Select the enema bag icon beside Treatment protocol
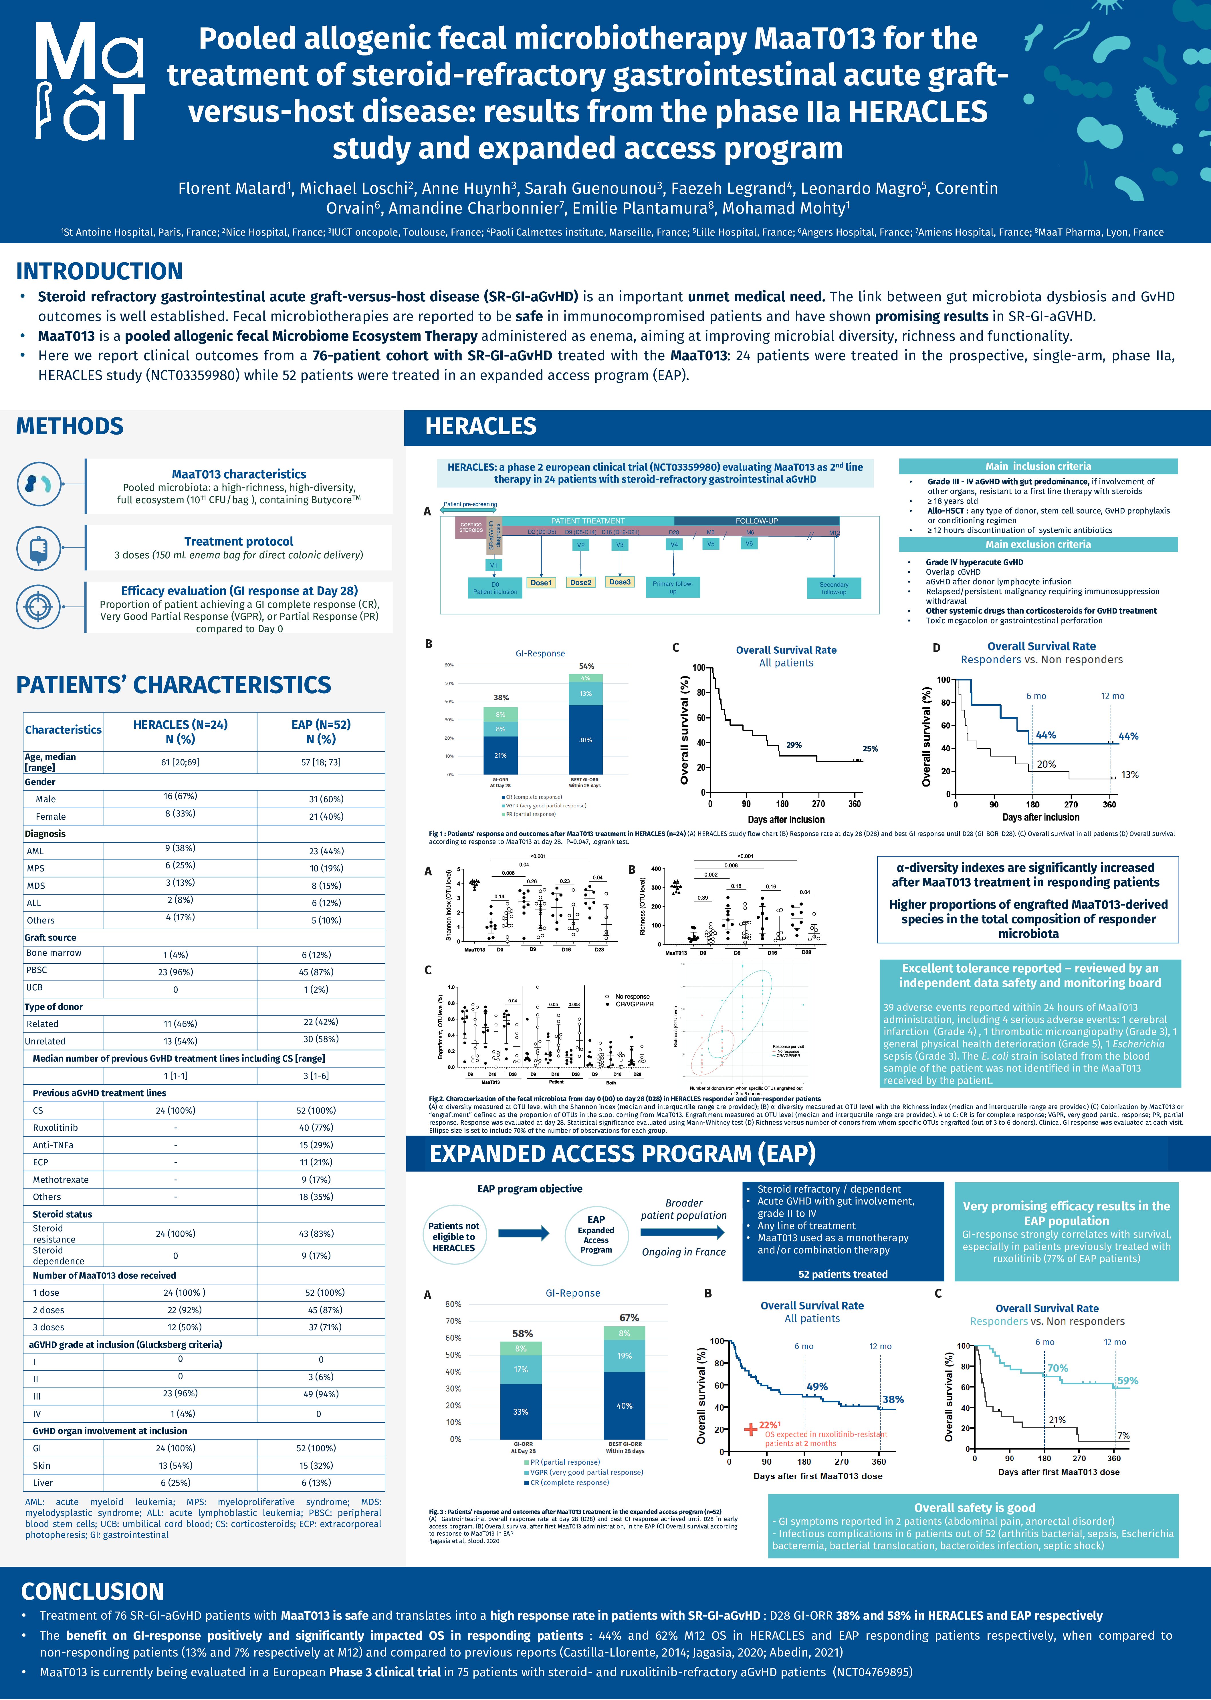click(38, 548)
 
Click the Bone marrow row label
click(54, 953)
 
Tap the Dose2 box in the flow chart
click(580, 582)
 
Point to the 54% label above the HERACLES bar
click(587, 666)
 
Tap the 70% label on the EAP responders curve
click(1057, 1368)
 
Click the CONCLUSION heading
click(92, 1591)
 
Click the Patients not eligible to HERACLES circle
click(453, 1237)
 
